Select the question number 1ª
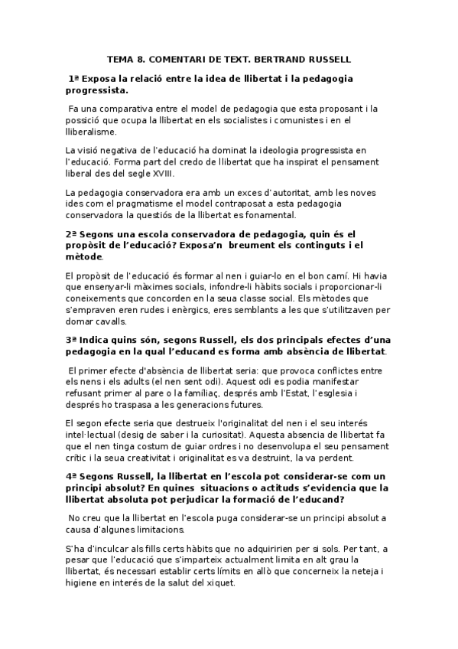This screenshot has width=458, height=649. [74, 78]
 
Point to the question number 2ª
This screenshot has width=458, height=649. [71, 234]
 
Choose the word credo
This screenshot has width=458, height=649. [172, 161]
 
